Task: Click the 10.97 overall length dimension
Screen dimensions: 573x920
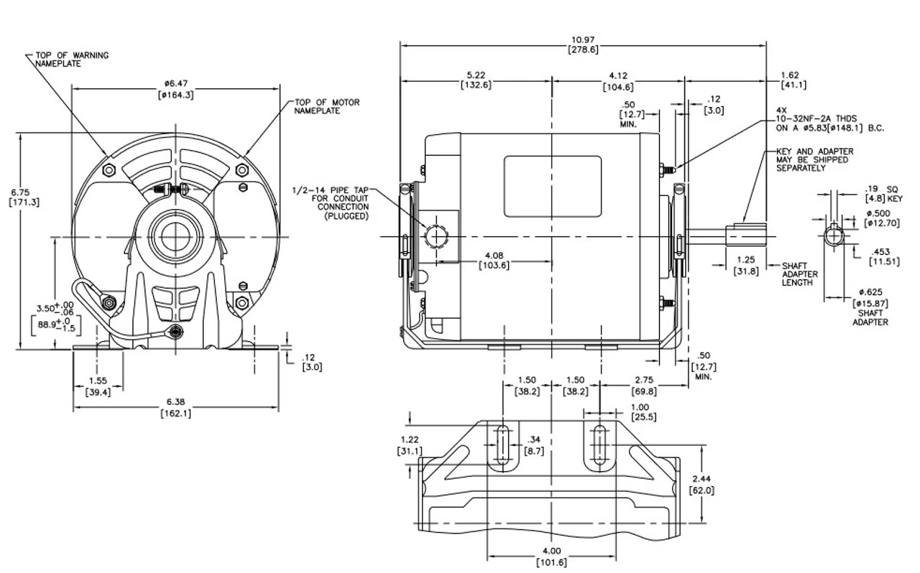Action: click(x=583, y=45)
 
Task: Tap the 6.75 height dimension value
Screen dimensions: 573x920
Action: click(x=19, y=196)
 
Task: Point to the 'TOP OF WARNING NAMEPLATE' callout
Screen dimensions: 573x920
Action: click(x=69, y=59)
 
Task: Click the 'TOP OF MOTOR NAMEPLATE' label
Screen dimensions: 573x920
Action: click(x=326, y=106)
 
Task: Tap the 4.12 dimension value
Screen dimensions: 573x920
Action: click(x=618, y=80)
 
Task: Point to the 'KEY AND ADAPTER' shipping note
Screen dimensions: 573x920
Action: click(x=814, y=159)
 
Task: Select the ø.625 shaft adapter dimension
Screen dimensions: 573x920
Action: click(x=870, y=297)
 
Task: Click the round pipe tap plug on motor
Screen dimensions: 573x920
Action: click(x=436, y=235)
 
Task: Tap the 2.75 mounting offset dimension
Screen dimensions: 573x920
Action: click(x=644, y=385)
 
